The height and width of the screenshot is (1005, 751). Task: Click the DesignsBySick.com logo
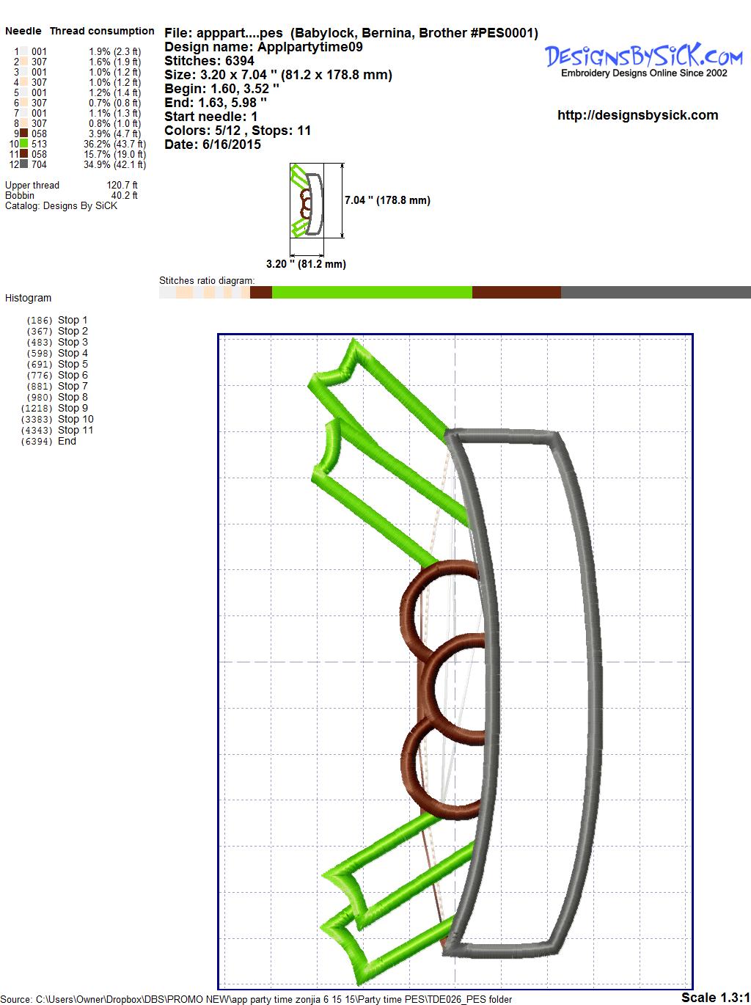point(643,60)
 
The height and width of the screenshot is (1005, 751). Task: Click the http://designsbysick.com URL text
point(637,115)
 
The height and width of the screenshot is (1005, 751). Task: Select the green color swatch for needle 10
point(23,144)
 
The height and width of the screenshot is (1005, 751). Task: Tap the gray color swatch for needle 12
point(23,164)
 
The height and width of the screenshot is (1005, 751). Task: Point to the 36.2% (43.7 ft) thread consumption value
point(114,144)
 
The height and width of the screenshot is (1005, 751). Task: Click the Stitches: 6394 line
point(209,61)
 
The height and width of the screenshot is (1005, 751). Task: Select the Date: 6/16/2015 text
point(213,145)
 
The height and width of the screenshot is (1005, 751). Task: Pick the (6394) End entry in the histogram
point(48,441)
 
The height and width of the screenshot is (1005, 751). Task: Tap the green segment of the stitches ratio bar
point(372,292)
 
